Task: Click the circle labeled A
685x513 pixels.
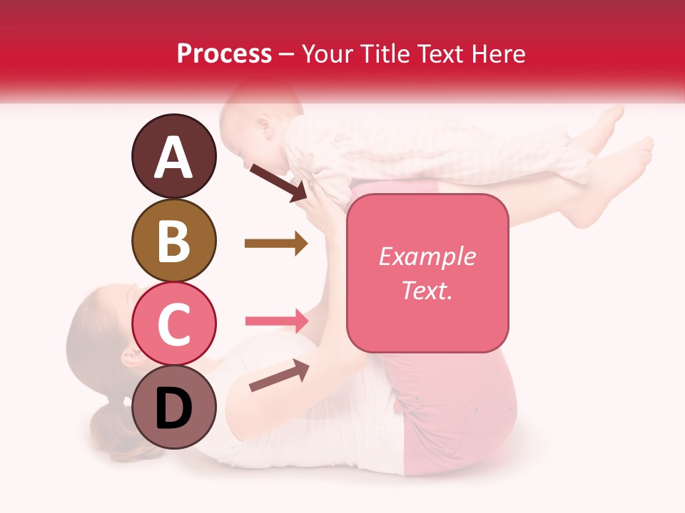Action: pyautogui.click(x=173, y=156)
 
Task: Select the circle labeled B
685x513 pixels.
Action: pyautogui.click(x=173, y=240)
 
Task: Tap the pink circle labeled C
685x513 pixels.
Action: pyautogui.click(x=173, y=323)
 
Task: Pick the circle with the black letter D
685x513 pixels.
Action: pyautogui.click(x=173, y=407)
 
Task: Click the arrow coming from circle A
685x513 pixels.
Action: pyautogui.click(x=278, y=182)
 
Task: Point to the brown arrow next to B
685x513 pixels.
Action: pyautogui.click(x=275, y=244)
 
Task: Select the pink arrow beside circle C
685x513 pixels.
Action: pyautogui.click(x=276, y=321)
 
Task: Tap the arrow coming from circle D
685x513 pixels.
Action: pyautogui.click(x=279, y=375)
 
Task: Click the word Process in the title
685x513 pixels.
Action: pyautogui.click(x=224, y=53)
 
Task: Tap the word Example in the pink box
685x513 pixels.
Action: pyautogui.click(x=427, y=256)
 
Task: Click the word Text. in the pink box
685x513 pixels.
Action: pyautogui.click(x=427, y=290)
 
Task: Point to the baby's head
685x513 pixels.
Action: pyautogui.click(x=250, y=128)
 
